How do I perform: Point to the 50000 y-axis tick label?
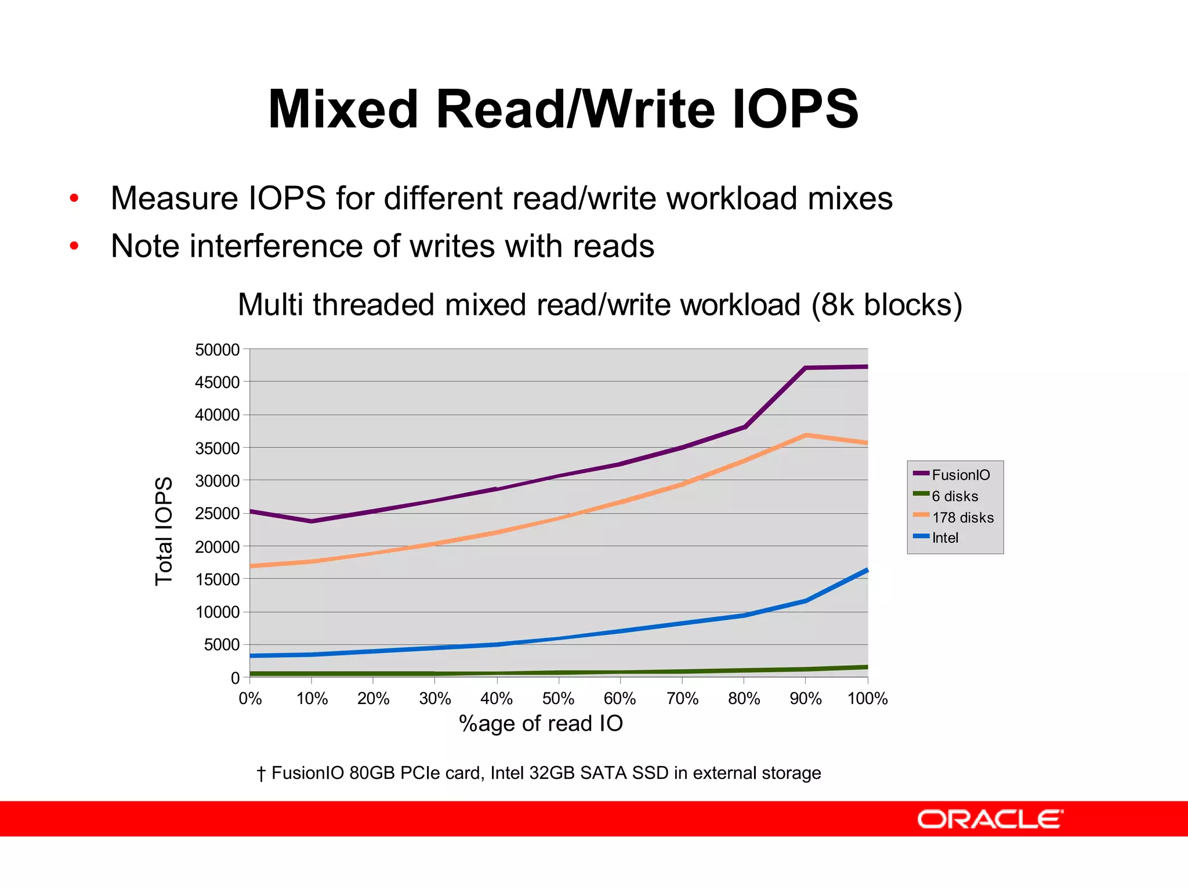217,350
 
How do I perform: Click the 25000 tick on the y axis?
217,514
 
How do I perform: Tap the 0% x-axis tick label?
250,699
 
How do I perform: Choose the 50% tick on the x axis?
559,699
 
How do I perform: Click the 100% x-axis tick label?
867,699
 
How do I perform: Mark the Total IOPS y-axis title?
164,531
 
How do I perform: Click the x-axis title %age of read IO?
541,724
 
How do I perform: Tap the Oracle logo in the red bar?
990,819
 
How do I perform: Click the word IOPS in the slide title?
795,110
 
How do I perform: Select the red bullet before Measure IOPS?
74,198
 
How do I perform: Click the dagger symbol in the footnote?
261,774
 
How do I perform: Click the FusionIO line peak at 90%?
806,368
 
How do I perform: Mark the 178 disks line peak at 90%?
806,435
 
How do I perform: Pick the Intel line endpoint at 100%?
867,571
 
